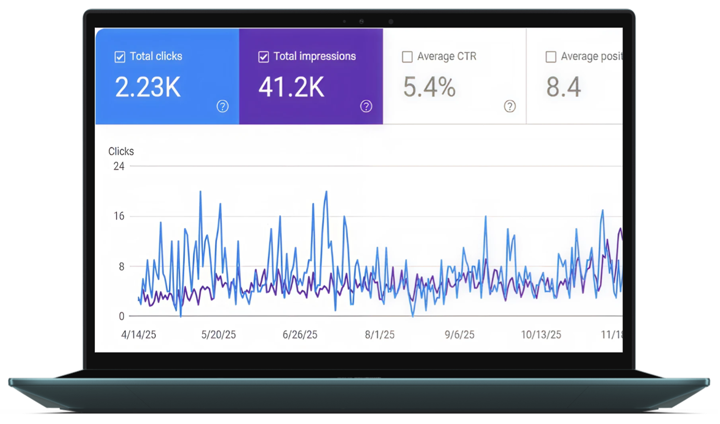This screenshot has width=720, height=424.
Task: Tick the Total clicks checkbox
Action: [x=120, y=57]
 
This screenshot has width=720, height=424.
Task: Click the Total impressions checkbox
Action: [x=263, y=57]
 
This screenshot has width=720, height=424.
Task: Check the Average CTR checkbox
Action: [x=407, y=57]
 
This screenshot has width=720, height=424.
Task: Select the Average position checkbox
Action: [x=551, y=57]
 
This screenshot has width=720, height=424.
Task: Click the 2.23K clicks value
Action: [x=148, y=87]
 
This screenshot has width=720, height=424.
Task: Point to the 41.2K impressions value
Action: [x=291, y=87]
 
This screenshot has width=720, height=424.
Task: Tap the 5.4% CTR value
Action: [x=429, y=87]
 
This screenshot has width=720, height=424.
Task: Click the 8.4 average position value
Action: [x=563, y=87]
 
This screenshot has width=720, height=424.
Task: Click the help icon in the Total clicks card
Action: [x=222, y=106]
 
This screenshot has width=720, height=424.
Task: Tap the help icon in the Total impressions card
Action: [x=366, y=106]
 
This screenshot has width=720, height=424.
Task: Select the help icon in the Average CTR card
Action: [x=510, y=106]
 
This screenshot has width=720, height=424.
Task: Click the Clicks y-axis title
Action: [x=121, y=151]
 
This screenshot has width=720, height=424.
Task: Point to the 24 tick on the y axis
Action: [x=119, y=166]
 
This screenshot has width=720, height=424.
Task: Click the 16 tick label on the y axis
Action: [x=119, y=216]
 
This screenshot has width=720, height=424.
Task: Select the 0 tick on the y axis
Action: [x=122, y=316]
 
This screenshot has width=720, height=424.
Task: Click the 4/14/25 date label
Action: [x=138, y=335]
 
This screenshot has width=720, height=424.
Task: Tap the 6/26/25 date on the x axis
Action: [x=300, y=335]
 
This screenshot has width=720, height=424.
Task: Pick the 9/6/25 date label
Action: [x=459, y=335]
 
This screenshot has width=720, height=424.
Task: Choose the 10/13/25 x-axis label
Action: [x=541, y=335]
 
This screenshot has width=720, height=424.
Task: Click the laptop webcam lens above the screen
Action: [x=361, y=22]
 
